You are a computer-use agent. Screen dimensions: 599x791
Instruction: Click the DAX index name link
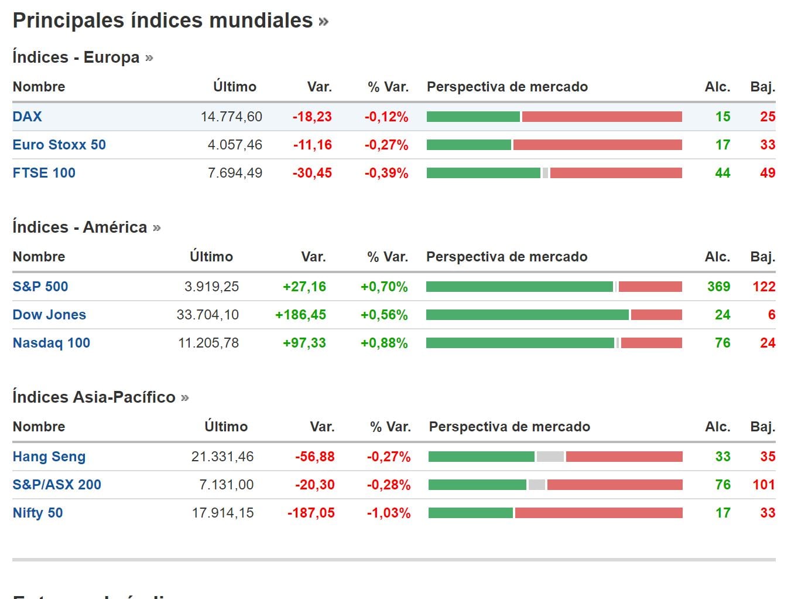click(27, 116)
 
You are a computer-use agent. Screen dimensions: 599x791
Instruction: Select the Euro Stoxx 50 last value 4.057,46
click(235, 145)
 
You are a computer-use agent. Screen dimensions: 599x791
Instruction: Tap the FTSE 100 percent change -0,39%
click(386, 173)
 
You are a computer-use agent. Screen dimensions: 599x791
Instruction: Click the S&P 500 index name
click(40, 287)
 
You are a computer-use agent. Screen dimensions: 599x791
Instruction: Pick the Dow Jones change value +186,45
click(300, 315)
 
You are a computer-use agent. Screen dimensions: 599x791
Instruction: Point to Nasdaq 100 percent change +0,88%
click(384, 343)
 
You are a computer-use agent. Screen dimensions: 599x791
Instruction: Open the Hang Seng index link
click(49, 457)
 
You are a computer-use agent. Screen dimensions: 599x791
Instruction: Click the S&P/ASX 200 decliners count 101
click(763, 485)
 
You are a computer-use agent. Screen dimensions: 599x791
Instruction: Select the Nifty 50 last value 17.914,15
click(222, 513)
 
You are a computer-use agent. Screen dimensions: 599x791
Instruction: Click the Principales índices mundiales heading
click(163, 21)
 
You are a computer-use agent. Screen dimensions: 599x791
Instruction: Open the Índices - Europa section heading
click(76, 57)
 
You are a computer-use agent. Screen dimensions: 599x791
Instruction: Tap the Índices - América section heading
click(80, 227)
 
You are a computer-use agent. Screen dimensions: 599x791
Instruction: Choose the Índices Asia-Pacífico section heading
click(94, 397)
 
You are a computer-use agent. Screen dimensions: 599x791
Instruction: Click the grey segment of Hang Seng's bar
click(550, 457)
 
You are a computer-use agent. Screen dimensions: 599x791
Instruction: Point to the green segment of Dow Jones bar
click(527, 315)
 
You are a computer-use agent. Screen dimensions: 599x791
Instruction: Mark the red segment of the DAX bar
click(602, 117)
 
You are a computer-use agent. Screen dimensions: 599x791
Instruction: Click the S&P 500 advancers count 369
click(718, 287)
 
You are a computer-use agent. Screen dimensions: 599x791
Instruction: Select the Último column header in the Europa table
click(234, 87)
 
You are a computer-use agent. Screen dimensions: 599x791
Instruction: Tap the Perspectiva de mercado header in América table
click(506, 257)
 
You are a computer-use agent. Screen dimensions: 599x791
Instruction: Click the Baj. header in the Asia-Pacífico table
click(762, 427)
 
